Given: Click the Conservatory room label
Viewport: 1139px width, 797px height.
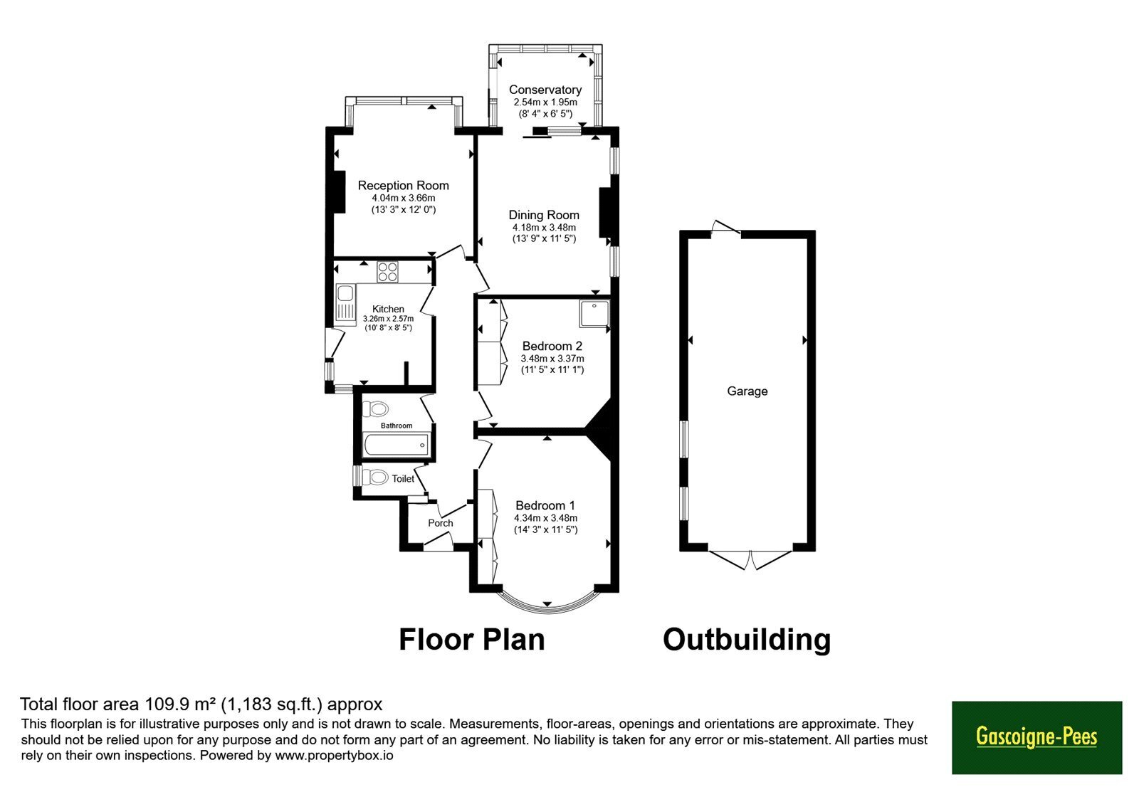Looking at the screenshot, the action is coord(545,90).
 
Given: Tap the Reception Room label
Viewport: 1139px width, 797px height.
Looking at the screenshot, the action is coord(403,186).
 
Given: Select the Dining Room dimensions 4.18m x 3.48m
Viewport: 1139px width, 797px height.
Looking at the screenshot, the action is coord(544,228).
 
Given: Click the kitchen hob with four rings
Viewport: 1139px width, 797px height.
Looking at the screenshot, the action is coord(387,271).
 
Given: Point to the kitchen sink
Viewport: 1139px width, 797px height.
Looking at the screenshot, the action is coord(346,305).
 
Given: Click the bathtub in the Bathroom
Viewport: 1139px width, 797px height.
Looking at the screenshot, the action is coord(396,445).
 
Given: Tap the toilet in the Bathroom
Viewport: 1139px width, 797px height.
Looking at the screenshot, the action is coord(375,408).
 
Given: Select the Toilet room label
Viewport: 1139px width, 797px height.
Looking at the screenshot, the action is coord(403,479).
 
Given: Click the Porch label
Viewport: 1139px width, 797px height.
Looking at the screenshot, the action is coord(441,523).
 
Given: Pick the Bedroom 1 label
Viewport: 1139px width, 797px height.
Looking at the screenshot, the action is coord(545,506).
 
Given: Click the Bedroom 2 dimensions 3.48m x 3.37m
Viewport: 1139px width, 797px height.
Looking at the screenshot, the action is coord(552,359).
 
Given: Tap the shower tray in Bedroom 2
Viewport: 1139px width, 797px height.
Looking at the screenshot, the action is coord(594,313).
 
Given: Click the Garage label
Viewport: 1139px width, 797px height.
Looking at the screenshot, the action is coord(747,391).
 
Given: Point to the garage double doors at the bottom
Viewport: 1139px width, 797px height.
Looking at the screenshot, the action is coord(750,559).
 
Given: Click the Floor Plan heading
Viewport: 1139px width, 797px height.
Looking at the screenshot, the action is coord(472,640).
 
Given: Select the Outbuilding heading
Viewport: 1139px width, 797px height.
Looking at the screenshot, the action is coord(747,640).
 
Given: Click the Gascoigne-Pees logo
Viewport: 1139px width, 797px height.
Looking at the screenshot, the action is coord(1036,737).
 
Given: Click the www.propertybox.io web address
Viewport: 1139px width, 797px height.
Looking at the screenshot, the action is coord(334,755).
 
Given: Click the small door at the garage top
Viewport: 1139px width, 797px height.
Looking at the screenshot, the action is coord(725,228).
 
